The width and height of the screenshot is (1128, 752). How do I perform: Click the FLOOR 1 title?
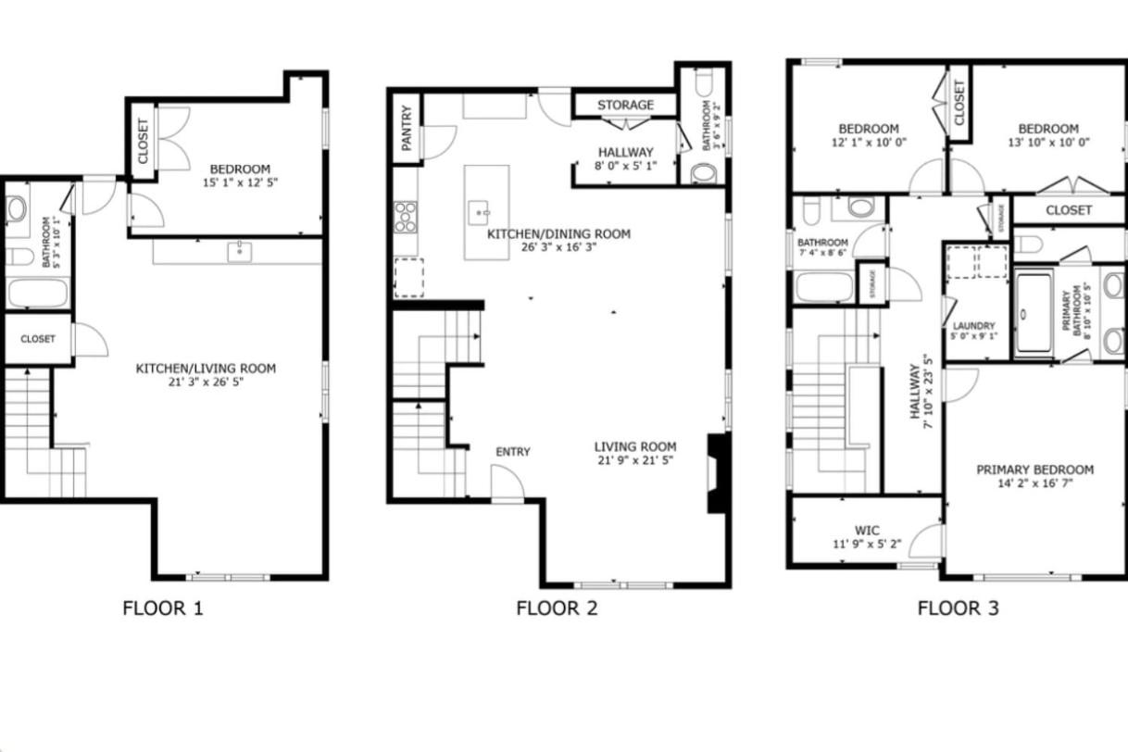[x=163, y=608]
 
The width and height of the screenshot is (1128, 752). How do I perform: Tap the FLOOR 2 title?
[x=557, y=608]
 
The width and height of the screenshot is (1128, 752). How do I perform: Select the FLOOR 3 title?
[x=959, y=608]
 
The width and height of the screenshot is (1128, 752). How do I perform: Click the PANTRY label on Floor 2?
[x=407, y=128]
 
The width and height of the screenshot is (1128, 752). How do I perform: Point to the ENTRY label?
[x=513, y=452]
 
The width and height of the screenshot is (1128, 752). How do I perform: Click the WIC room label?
[x=867, y=531]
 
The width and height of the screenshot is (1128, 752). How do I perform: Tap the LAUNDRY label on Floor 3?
[x=974, y=326]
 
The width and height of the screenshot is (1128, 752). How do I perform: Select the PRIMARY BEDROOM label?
[x=1034, y=470]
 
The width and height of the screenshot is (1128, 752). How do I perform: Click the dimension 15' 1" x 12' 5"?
[x=240, y=182]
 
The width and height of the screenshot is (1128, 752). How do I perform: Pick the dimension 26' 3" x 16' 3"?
[x=559, y=247]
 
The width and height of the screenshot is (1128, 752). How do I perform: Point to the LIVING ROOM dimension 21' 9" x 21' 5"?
[x=635, y=460]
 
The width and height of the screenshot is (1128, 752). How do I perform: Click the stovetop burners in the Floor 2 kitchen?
[x=406, y=217]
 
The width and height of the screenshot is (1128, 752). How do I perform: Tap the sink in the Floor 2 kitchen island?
[x=479, y=213]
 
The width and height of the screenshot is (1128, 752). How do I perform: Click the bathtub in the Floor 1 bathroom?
[x=38, y=292]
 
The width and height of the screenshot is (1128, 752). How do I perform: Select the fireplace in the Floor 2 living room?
[x=717, y=473]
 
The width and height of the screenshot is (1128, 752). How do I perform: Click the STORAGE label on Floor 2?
[x=625, y=105]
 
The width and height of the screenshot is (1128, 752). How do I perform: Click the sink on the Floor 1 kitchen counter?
[x=240, y=252]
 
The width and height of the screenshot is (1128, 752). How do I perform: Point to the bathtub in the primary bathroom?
[x=1033, y=313]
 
